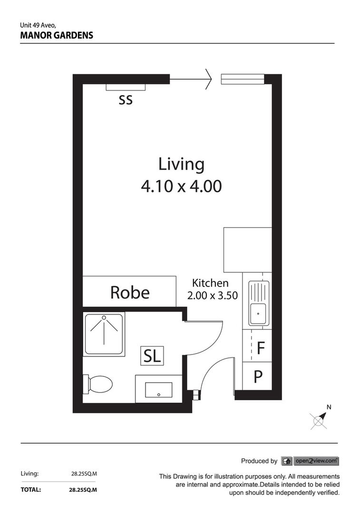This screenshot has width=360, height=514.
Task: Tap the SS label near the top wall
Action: point(126,100)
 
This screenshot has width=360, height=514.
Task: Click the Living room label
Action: point(181,164)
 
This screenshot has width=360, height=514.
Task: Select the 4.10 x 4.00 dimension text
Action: point(181,186)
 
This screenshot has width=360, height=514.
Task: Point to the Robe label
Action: point(129,292)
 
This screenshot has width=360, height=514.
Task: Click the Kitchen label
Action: point(210,283)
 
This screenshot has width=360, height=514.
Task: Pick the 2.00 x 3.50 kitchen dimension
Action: point(212,296)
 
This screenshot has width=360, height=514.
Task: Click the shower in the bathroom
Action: point(104,333)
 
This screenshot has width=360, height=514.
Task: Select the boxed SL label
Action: point(152,356)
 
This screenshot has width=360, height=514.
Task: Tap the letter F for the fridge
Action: point(260,348)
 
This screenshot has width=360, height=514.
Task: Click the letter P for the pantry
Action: point(258,377)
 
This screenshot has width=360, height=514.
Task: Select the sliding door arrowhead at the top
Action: point(208,79)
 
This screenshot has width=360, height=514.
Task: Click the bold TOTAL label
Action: point(30,489)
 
